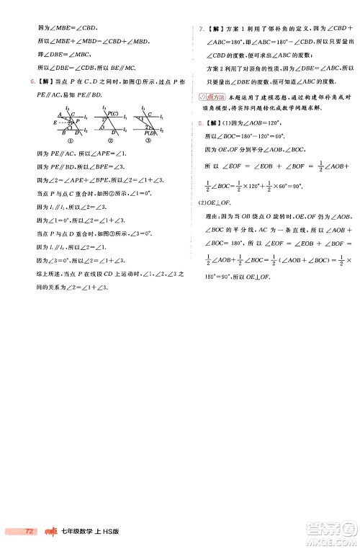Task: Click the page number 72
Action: [29, 532]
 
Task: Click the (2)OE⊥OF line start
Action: [208, 209]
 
